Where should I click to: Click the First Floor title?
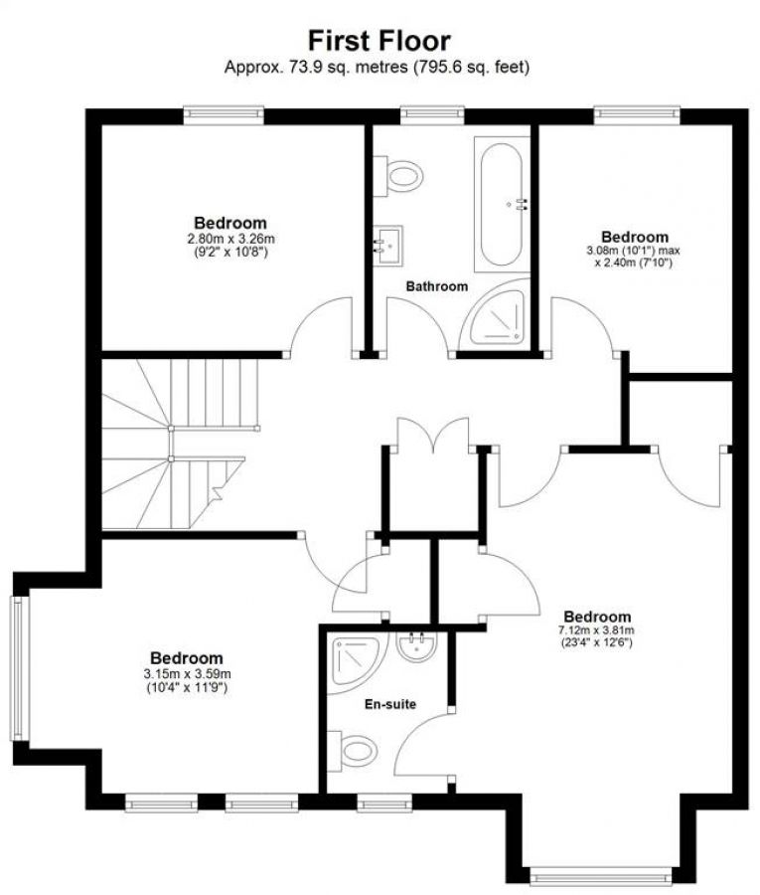coord(379,40)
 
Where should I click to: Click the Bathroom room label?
coord(436,286)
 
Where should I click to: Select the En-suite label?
coord(388,704)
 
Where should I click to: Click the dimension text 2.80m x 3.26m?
coord(231,239)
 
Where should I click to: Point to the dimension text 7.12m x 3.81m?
coord(596,630)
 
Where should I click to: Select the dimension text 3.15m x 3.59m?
coord(187,673)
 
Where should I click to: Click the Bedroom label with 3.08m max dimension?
coord(634,237)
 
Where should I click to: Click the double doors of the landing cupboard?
coord(430,438)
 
